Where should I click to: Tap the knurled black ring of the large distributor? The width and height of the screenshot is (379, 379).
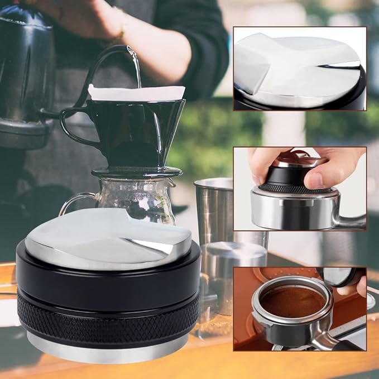tap(106, 318)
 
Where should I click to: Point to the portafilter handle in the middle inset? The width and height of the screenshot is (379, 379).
tap(352, 220)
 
